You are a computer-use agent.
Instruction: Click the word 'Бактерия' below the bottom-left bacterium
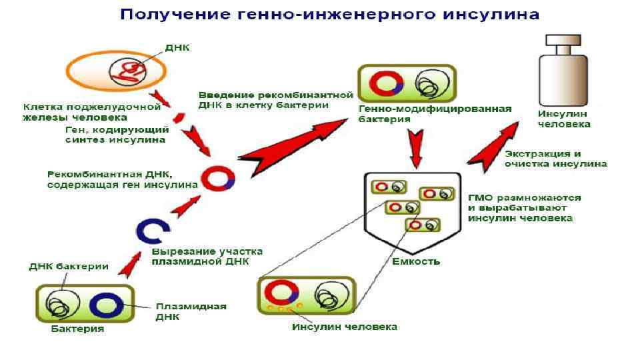(x=78, y=329)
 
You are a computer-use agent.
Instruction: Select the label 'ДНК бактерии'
(x=69, y=267)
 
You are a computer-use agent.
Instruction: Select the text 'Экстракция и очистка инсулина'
(x=555, y=159)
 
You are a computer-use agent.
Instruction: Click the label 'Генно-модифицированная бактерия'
(x=435, y=113)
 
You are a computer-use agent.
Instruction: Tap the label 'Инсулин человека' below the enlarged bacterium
(x=345, y=327)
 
